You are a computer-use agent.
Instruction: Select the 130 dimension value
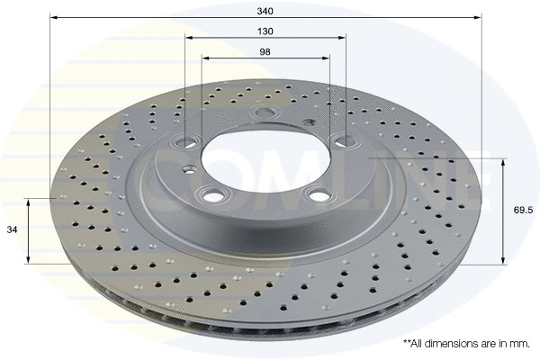[265, 31]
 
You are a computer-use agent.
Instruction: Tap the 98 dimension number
[265, 51]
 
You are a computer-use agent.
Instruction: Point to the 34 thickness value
[12, 229]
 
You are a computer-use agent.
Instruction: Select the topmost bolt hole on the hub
[265, 113]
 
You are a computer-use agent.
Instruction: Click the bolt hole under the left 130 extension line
[186, 143]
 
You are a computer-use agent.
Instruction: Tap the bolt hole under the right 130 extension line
[343, 139]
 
